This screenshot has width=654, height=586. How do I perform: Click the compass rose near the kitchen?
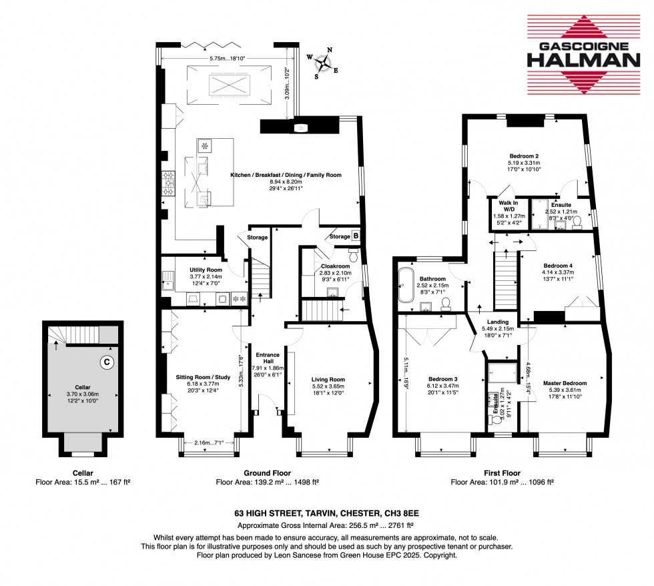[x=324, y=63]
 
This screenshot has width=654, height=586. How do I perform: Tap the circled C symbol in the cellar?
[x=105, y=362]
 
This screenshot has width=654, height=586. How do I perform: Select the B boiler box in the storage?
[x=355, y=235]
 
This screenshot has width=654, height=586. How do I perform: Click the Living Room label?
[x=327, y=380]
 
